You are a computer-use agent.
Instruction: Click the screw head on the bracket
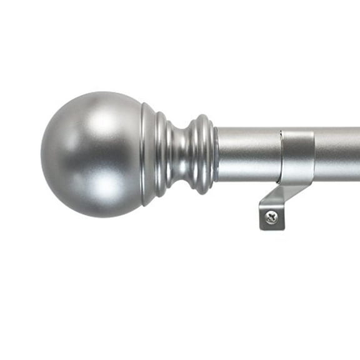[271, 217]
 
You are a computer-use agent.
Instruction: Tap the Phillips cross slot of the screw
[271, 217]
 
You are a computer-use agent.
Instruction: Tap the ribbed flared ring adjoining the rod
[202, 154]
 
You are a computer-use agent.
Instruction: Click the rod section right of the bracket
[337, 153]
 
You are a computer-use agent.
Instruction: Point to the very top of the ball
[94, 92]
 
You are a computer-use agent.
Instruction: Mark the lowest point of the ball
[94, 216]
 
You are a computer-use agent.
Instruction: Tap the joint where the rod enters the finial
[216, 154]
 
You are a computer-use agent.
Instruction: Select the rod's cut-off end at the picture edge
[358, 153]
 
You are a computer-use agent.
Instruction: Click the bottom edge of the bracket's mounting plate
[271, 228]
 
